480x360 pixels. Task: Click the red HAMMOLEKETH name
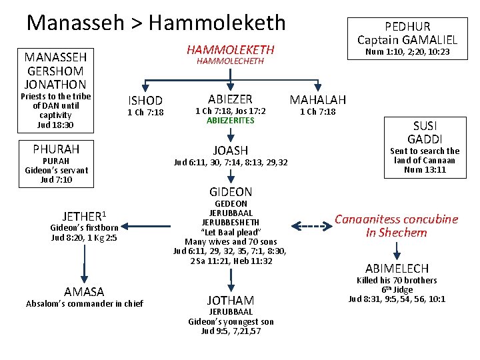(x=230, y=49)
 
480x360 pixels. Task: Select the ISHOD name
(x=145, y=101)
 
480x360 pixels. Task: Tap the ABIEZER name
(x=230, y=99)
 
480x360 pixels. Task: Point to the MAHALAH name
(x=317, y=99)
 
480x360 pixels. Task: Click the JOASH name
(x=230, y=151)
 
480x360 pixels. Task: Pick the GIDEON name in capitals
(x=230, y=192)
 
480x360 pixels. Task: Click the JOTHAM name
(x=230, y=301)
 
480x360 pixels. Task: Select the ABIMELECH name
(x=397, y=268)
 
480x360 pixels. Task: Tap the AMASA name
(x=84, y=292)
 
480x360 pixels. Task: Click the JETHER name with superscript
(x=84, y=216)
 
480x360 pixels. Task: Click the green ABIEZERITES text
(x=230, y=121)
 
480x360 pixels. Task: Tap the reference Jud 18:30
(x=55, y=125)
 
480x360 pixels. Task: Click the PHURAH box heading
(x=56, y=148)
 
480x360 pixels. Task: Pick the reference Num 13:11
(x=426, y=170)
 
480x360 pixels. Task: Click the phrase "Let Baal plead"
(x=230, y=231)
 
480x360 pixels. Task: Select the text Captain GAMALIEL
(x=407, y=39)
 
